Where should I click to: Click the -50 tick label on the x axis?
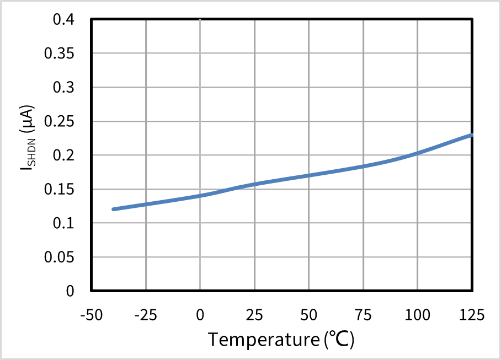pos(92,315)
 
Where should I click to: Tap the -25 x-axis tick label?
pos(146,315)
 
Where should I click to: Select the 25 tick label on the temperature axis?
pos(254,315)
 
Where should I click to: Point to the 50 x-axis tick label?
pos(308,315)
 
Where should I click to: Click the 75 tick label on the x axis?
pos(363,315)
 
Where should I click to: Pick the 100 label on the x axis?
pos(417,315)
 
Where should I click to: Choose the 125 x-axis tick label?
pos(472,315)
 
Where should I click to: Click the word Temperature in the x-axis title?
pos(262,339)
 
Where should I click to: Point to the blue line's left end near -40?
pos(114,209)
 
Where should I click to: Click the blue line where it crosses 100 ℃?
pos(417,153)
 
